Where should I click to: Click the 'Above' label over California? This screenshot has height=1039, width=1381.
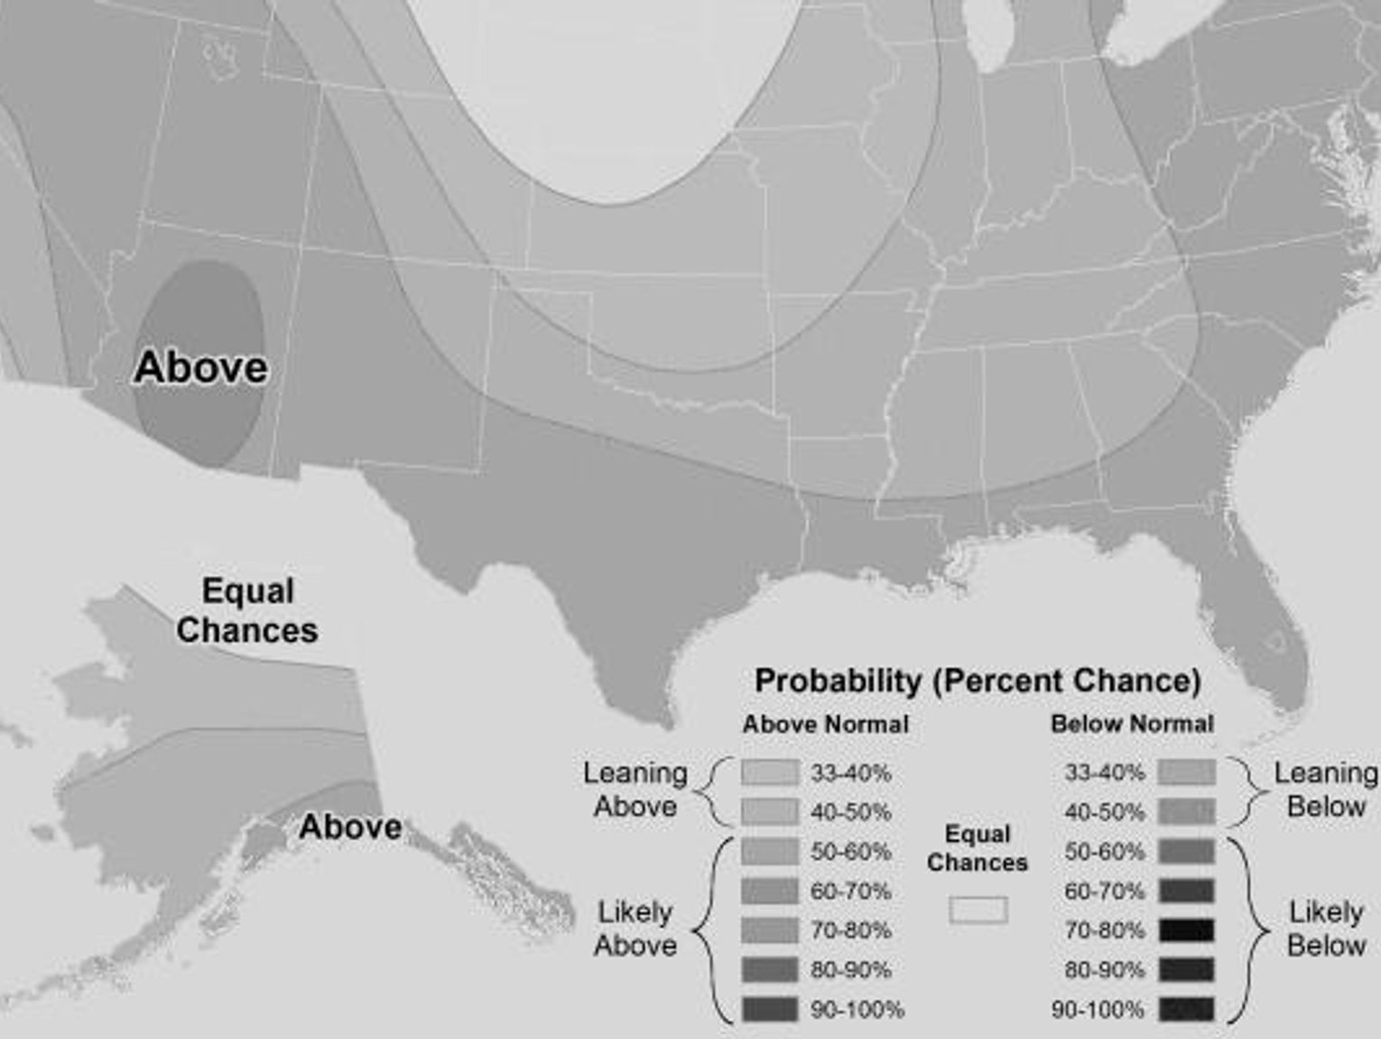(x=200, y=367)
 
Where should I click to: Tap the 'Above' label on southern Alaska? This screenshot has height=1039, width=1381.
(x=350, y=826)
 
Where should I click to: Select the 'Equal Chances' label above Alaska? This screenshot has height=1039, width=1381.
(x=246, y=610)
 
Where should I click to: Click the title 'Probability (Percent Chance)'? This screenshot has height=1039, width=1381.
(x=977, y=681)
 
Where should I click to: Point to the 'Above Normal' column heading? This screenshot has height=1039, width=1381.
(x=825, y=724)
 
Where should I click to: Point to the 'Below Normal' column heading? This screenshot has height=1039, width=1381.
(x=1132, y=724)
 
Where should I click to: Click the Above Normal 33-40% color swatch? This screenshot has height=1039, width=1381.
(x=770, y=773)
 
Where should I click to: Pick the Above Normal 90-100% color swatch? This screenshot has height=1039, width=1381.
(x=770, y=1009)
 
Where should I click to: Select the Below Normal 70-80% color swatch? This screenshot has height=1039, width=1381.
(x=1186, y=930)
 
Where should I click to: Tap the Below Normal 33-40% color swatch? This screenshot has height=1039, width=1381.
(x=1186, y=773)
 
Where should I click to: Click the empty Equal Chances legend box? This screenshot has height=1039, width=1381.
(x=978, y=910)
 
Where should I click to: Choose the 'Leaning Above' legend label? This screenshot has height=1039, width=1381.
(x=635, y=790)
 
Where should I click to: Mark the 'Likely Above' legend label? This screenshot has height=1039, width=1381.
(x=635, y=929)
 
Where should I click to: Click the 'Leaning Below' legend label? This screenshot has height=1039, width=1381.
(x=1325, y=790)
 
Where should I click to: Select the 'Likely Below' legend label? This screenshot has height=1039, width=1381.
(x=1325, y=929)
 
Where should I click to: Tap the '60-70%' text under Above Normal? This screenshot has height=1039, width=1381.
(x=850, y=891)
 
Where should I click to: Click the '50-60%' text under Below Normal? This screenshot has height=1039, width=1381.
(x=1104, y=851)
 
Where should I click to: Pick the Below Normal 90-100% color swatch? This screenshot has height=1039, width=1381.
(x=1186, y=1009)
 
